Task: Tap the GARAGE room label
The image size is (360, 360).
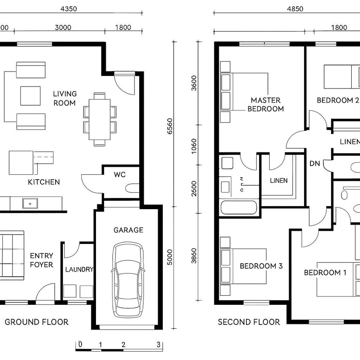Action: (x=128, y=230)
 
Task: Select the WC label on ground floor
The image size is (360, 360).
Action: (x=120, y=175)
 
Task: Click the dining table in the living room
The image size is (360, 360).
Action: (x=100, y=119)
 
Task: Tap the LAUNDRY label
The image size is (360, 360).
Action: (x=79, y=270)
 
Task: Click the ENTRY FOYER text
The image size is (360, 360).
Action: (x=41, y=260)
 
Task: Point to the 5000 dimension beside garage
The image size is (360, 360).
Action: (x=170, y=256)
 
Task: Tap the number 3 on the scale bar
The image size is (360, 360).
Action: (x=158, y=344)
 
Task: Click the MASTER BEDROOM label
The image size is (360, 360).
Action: (x=266, y=104)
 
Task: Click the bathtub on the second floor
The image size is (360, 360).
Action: (x=238, y=208)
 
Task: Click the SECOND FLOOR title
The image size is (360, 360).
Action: (x=249, y=322)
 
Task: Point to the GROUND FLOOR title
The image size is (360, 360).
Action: (x=36, y=322)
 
